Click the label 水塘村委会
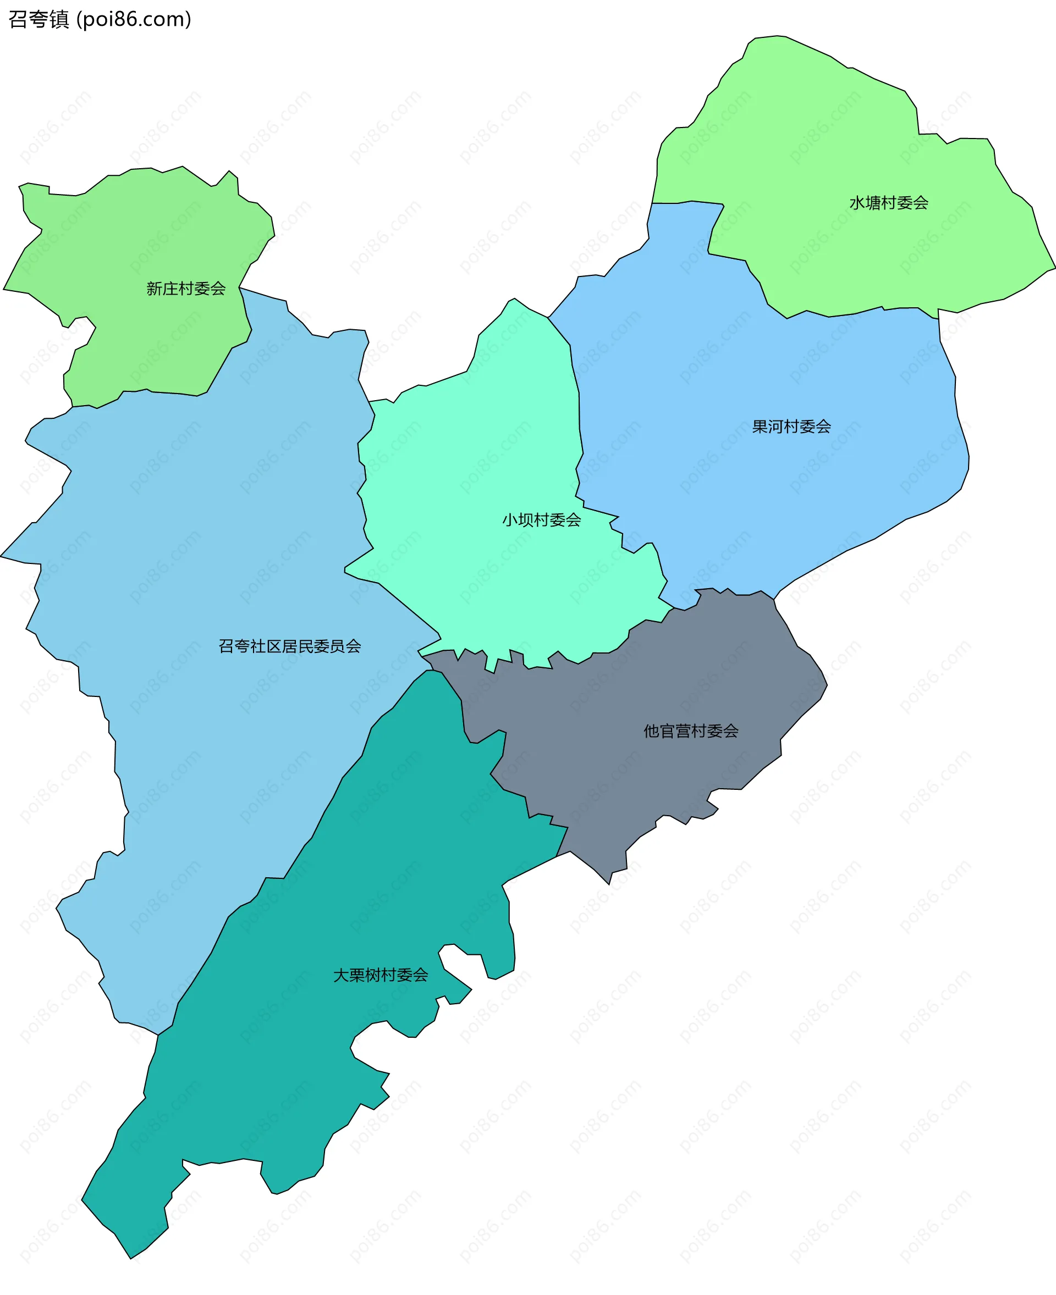tap(889, 203)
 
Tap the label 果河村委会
tap(791, 427)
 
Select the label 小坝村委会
tap(541, 520)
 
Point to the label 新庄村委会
tap(186, 289)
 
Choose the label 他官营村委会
tap(691, 732)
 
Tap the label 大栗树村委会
tap(381, 975)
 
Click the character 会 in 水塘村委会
tap(921, 203)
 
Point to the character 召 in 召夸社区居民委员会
tap(226, 646)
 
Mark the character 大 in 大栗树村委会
tap(340, 975)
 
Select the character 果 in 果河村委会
tap(760, 427)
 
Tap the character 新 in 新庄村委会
tap(154, 289)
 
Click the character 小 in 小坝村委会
tap(510, 520)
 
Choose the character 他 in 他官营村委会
tap(652, 732)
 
